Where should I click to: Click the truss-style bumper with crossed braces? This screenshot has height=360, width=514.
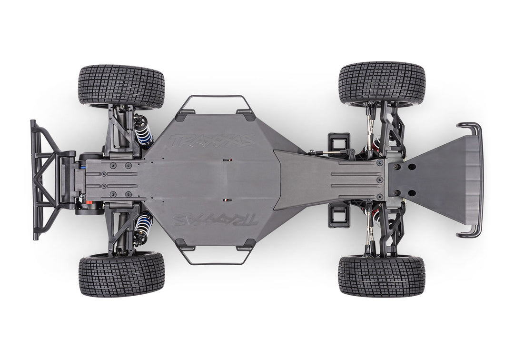coord(48,180)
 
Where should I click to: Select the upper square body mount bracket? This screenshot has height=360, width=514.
coord(338,143)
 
